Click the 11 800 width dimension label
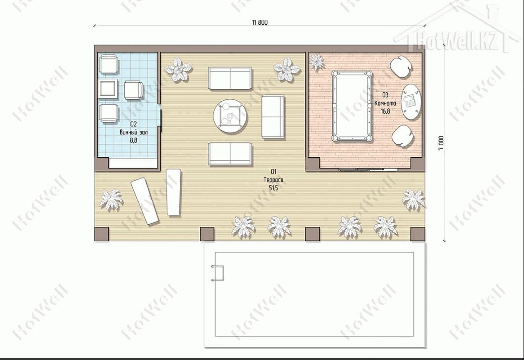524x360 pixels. pyautogui.click(x=260, y=22)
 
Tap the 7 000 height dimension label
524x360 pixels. pyautogui.click(x=441, y=143)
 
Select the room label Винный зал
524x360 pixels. pyautogui.click(x=133, y=132)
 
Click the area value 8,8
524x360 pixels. pyautogui.click(x=133, y=140)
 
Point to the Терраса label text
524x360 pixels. pyautogui.click(x=274, y=180)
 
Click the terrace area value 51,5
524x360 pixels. pyautogui.click(x=274, y=188)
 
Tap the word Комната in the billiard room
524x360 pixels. pyautogui.click(x=385, y=103)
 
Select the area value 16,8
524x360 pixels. pyautogui.click(x=385, y=111)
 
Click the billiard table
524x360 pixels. pyautogui.click(x=352, y=106)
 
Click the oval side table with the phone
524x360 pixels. pyautogui.click(x=411, y=101)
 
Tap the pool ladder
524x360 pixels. pyautogui.click(x=217, y=273)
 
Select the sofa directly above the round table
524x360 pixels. pyautogui.click(x=230, y=78)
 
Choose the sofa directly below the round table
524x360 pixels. pyautogui.click(x=230, y=154)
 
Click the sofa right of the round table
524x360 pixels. pyautogui.click(x=273, y=117)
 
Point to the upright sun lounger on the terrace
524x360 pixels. pyautogui.click(x=173, y=192)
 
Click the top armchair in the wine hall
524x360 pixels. pyautogui.click(x=109, y=64)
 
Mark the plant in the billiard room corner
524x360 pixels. pyautogui.click(x=316, y=62)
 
